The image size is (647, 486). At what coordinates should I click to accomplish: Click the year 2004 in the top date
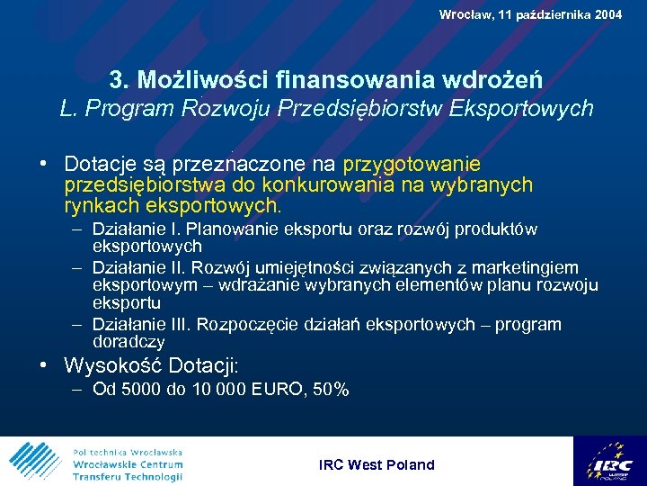coord(605,14)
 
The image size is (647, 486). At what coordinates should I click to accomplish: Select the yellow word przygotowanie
coord(412,165)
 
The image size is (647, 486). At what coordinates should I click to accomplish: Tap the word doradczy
coord(129,342)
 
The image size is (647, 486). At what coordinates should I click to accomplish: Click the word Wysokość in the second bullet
coord(111,366)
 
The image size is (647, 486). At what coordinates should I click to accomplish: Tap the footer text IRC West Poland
coord(377,465)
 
